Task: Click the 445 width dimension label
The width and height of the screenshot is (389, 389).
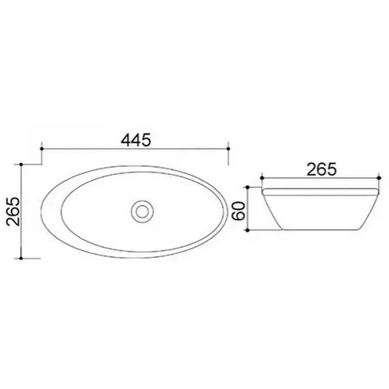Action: (x=135, y=140)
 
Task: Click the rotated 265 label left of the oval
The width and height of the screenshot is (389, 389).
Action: (x=13, y=212)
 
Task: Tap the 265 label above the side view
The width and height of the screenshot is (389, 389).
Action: (x=322, y=169)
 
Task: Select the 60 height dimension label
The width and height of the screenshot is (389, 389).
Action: (x=239, y=211)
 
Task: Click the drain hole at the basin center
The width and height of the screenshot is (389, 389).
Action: (x=142, y=212)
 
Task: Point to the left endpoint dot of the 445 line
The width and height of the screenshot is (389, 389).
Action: (x=41, y=148)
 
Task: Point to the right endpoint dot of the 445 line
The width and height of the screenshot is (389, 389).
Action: (x=229, y=148)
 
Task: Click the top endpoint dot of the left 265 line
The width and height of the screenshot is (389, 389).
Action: (x=21, y=165)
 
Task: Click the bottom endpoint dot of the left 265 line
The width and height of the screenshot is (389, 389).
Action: (x=21, y=259)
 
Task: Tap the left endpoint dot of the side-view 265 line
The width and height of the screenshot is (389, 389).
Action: (x=262, y=177)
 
